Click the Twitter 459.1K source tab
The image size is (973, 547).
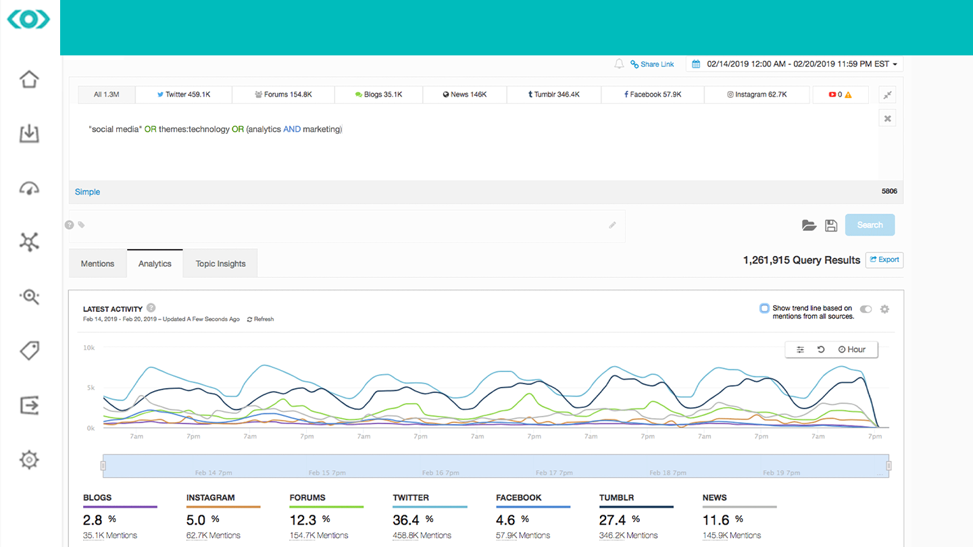tap(184, 95)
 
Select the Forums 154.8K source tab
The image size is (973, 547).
tap(283, 95)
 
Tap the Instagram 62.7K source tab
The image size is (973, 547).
tap(757, 95)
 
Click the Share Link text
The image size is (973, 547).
tap(657, 64)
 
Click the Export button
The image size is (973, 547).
tap(884, 260)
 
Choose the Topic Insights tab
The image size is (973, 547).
tap(220, 264)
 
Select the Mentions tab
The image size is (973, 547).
tap(97, 264)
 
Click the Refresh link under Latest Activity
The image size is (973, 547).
tap(261, 319)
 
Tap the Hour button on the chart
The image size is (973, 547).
tap(852, 349)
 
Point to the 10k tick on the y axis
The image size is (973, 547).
tap(89, 348)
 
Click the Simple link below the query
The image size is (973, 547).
tap(87, 192)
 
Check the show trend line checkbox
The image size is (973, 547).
tap(764, 309)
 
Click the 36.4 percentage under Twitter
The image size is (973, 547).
tap(405, 520)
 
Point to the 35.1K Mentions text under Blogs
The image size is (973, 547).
tap(110, 536)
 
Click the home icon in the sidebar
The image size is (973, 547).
tap(29, 79)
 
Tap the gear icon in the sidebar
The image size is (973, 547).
tap(29, 460)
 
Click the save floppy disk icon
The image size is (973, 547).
tap(831, 226)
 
